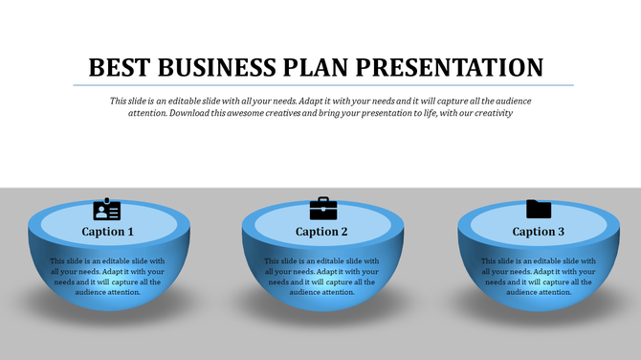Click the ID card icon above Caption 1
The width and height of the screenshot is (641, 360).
107,210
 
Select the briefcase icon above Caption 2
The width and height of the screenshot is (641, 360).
323,208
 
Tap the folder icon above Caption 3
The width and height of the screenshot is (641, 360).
539,209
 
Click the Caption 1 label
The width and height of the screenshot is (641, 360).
107,232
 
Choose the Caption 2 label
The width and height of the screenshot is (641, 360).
321,232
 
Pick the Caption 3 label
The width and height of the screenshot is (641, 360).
539,232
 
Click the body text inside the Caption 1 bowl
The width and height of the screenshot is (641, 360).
107,277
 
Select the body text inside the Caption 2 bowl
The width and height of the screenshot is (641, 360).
321,277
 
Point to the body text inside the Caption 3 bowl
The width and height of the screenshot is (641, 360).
538,277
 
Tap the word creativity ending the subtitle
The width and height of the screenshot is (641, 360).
491,113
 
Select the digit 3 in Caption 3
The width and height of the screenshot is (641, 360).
562,232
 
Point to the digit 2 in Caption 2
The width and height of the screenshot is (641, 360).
344,232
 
